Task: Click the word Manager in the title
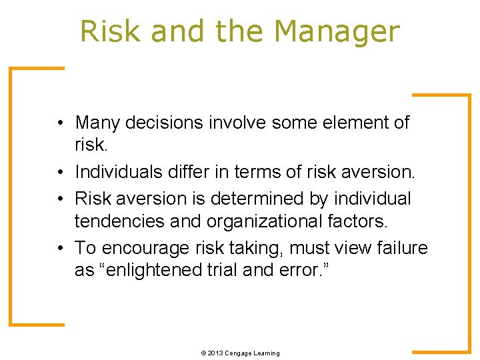(337, 31)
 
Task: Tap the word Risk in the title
(110, 31)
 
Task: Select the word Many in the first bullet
(97, 123)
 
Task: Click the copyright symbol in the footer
(203, 353)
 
